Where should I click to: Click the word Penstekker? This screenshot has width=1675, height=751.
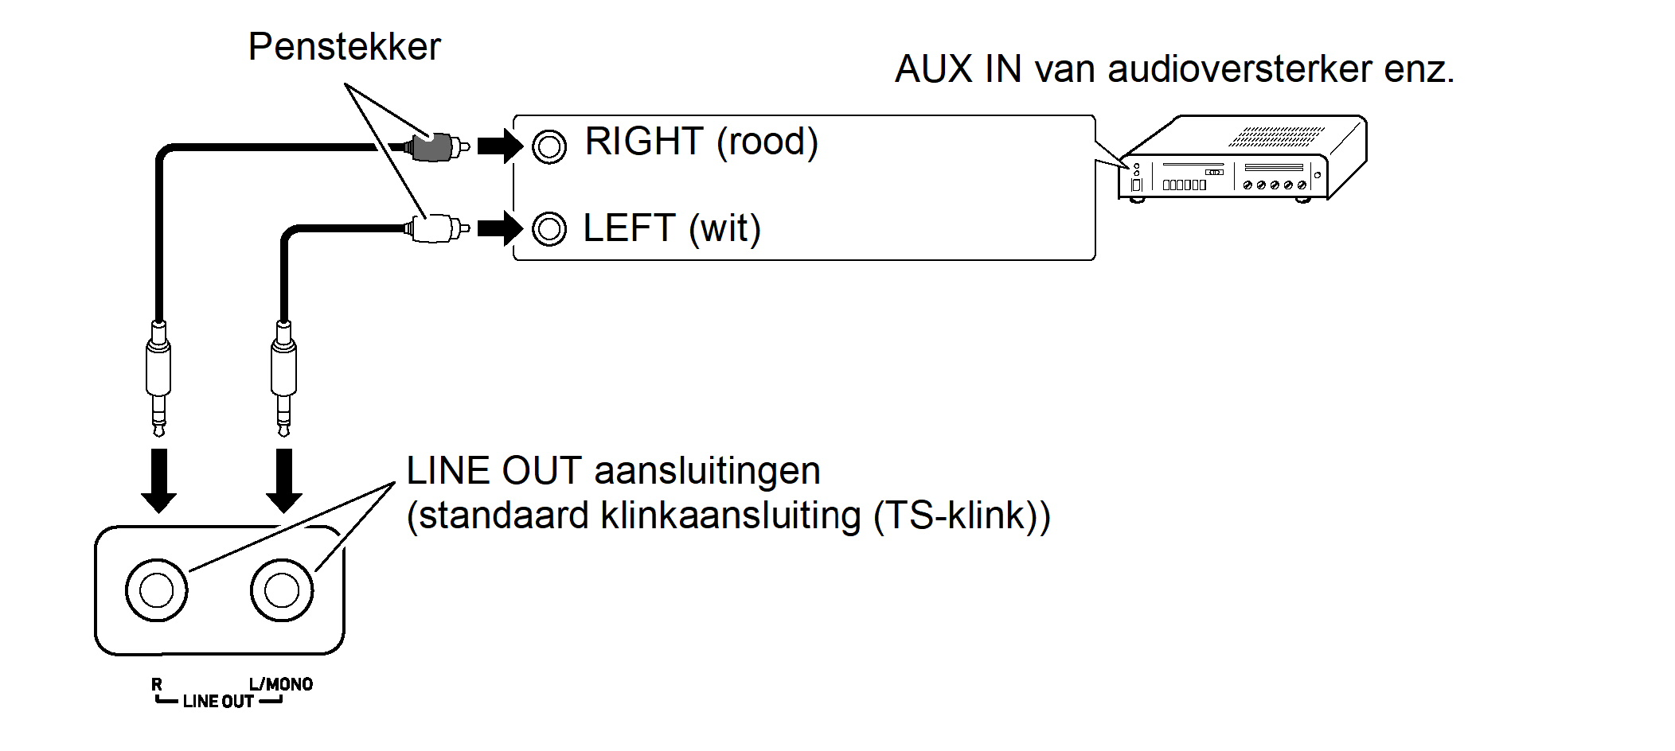344,47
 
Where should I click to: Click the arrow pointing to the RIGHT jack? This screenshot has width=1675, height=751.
500,146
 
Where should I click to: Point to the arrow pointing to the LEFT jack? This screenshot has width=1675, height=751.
500,229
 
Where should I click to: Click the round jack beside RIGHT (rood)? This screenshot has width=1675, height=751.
549,146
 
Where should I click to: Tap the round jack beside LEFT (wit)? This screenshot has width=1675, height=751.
549,229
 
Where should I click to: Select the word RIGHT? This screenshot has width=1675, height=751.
644,142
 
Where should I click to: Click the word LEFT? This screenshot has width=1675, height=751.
629,228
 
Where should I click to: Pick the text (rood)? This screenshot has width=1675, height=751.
767,142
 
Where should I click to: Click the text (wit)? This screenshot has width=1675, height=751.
724,229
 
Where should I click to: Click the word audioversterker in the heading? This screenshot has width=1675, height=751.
1240,69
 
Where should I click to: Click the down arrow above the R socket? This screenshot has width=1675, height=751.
158,481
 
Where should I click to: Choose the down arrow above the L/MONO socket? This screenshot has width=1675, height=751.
283,481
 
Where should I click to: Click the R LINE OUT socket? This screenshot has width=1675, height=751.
157,590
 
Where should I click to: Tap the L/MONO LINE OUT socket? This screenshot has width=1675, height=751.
282,590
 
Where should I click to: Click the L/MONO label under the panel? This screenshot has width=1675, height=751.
280,684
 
